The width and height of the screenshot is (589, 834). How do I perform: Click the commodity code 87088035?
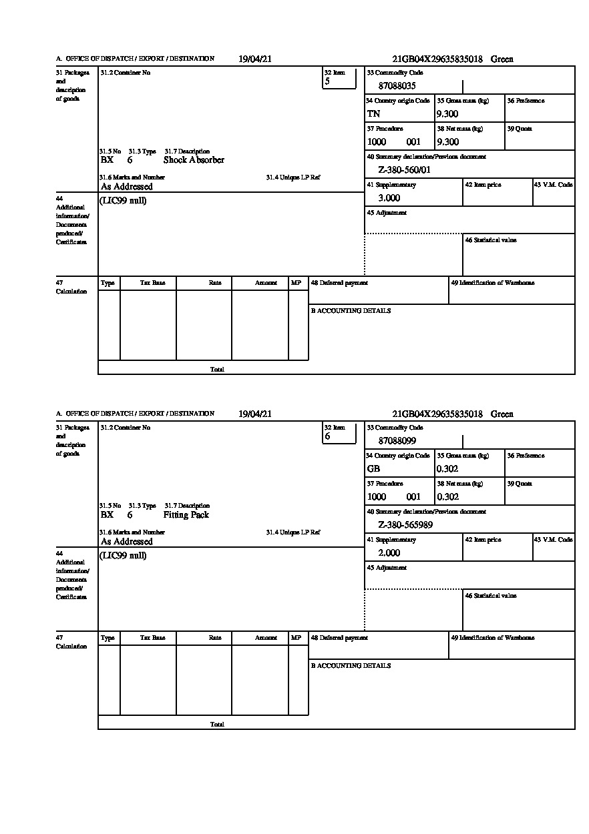[397, 86]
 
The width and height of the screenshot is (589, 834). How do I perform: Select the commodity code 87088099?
[397, 441]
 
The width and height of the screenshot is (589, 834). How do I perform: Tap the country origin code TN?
[373, 114]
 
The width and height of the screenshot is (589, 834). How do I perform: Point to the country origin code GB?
[373, 469]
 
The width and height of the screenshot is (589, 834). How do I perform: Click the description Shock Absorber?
[194, 160]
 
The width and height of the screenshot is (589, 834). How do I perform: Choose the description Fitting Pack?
[186, 515]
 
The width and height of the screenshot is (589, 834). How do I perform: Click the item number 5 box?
[339, 78]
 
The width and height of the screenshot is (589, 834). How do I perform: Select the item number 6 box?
[339, 433]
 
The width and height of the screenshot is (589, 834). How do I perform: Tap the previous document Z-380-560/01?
[404, 170]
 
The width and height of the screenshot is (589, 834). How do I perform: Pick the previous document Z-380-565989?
[405, 525]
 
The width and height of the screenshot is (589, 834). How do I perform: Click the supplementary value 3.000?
[389, 198]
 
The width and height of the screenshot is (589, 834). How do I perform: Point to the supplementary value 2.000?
[389, 553]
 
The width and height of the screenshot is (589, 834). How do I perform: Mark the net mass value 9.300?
[447, 142]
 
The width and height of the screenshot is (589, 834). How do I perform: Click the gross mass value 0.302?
[447, 469]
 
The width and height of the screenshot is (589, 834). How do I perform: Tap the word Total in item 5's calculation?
[217, 369]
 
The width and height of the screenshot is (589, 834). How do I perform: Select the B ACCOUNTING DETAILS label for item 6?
[351, 666]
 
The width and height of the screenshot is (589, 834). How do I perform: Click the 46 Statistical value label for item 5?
[490, 240]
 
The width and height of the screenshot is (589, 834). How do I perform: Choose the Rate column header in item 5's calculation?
[214, 283]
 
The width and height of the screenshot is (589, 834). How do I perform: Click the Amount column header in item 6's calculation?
[266, 638]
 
